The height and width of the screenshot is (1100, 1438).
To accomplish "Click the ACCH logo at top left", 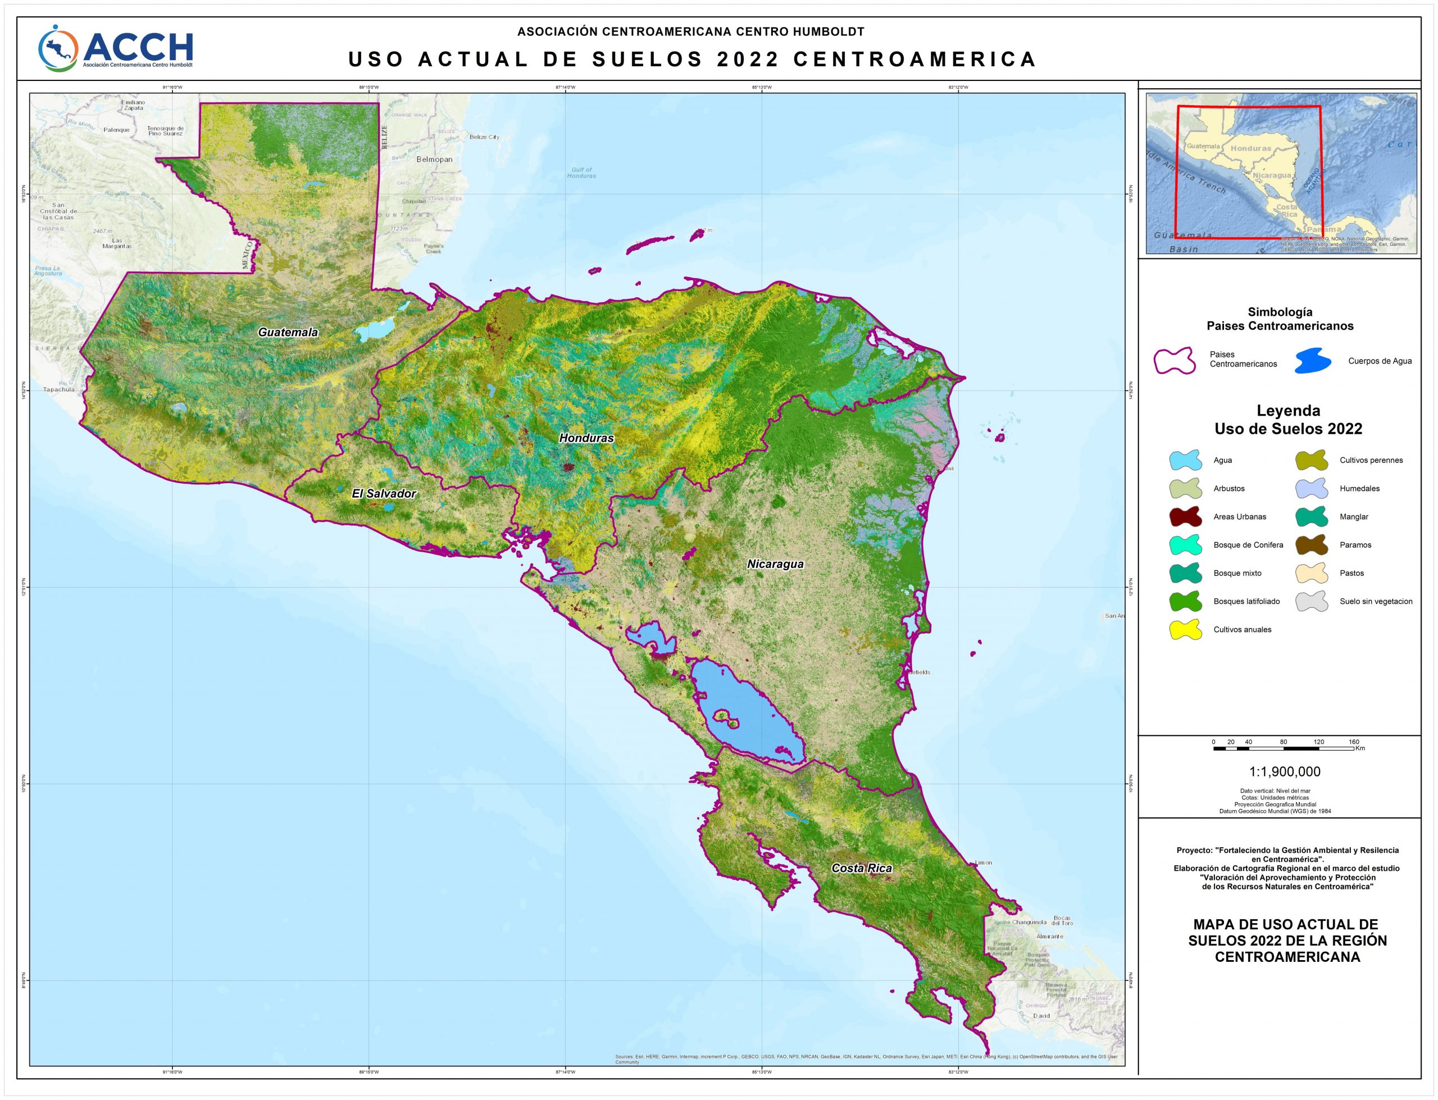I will click(x=116, y=47).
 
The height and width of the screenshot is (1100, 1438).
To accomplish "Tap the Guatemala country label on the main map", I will click(x=288, y=332).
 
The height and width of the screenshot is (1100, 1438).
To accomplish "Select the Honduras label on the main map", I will click(x=586, y=438).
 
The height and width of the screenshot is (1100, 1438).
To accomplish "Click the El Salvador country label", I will click(x=384, y=494).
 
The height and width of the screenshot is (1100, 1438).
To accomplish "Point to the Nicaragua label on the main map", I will click(x=775, y=563).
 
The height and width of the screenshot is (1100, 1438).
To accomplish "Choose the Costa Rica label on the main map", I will click(x=861, y=868).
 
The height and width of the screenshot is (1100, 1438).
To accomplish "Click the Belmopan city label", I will click(x=434, y=159).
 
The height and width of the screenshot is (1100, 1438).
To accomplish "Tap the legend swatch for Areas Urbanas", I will click(x=1185, y=517).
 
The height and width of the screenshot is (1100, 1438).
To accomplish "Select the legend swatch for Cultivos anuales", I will click(x=1185, y=629).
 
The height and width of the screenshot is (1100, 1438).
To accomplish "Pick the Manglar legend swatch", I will click(x=1312, y=517).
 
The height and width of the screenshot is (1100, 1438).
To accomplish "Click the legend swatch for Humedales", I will click(x=1312, y=488).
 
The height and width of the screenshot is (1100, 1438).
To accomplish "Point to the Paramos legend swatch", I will click(x=1312, y=545).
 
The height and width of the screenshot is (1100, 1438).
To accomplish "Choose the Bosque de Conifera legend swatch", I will click(x=1185, y=545).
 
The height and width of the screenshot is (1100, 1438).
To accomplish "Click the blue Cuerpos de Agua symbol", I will click(x=1312, y=361).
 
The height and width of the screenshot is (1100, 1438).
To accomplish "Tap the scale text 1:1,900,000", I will click(x=1284, y=772).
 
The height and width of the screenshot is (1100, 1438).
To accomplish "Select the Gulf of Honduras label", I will click(x=581, y=173).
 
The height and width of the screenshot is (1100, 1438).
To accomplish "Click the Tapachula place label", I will click(x=59, y=389).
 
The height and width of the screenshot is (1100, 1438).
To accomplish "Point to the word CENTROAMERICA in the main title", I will click(x=914, y=59).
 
